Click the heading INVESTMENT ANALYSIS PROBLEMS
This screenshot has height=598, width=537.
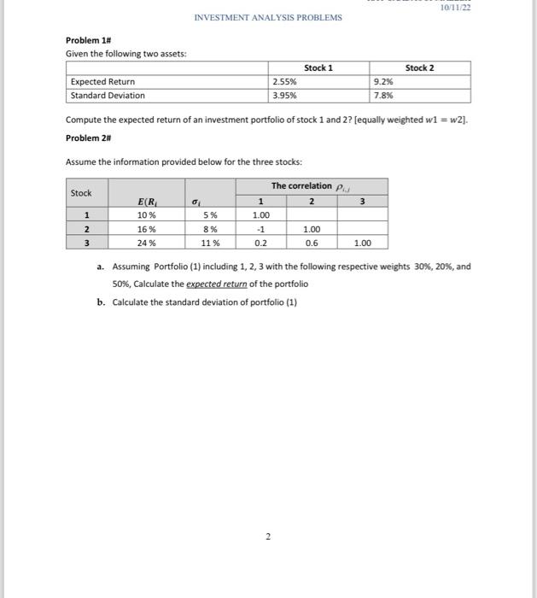[x=268, y=17]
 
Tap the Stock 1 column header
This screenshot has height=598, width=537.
[x=318, y=67]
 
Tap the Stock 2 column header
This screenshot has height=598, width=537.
[x=419, y=67]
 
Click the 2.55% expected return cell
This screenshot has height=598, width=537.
[x=284, y=82]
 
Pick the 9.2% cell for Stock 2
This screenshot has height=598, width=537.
[x=383, y=82]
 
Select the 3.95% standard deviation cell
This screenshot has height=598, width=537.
[x=284, y=96]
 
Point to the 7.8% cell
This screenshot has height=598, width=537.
[x=383, y=96]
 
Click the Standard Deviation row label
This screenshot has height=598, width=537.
[x=108, y=96]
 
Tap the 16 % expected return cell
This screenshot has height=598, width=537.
[x=147, y=229]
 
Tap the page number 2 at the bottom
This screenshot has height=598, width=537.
[x=267, y=536]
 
